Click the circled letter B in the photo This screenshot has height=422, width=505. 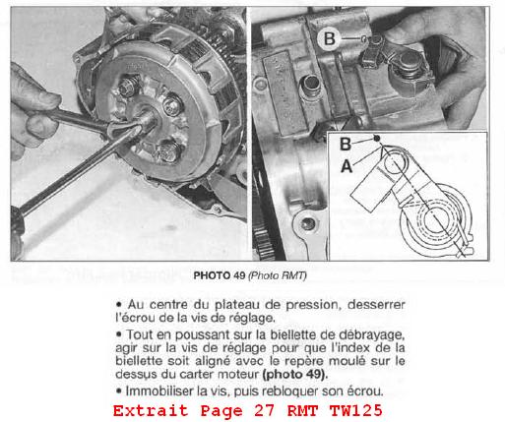[x=330, y=38]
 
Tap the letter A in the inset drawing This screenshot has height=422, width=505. [x=347, y=166]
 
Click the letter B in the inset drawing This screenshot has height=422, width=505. [x=346, y=144]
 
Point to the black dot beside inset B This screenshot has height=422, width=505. [x=377, y=139]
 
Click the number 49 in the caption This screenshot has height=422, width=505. [x=239, y=275]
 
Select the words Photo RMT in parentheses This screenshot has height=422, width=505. [x=278, y=275]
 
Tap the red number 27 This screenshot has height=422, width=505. [x=264, y=411]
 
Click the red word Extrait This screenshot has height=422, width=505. [x=151, y=411]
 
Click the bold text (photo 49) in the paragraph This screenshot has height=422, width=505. [x=295, y=374]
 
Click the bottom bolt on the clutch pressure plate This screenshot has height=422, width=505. [x=170, y=151]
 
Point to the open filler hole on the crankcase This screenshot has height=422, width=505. [x=310, y=84]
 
